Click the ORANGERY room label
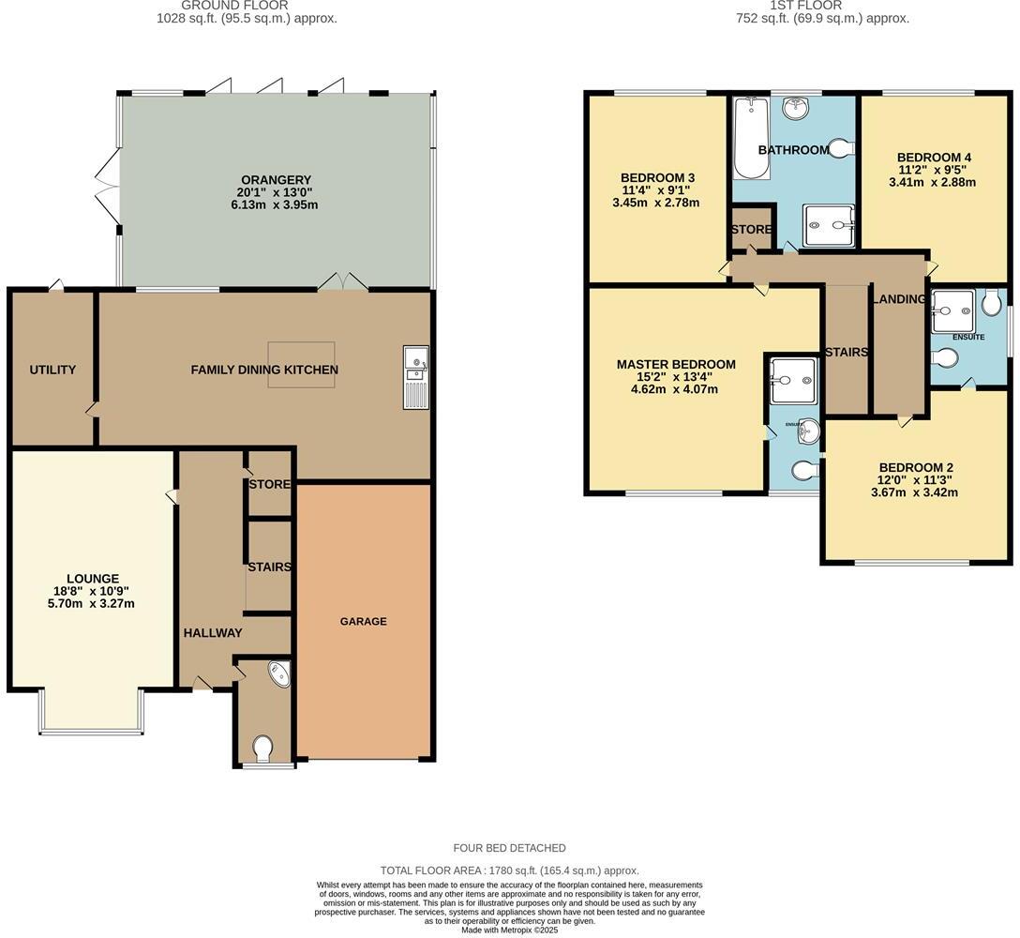tap(276, 180)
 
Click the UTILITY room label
tap(52, 370)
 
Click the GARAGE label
tap(363, 621)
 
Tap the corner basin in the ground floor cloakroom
tap(278, 674)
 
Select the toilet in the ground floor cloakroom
tap(262, 748)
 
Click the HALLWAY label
tap(213, 633)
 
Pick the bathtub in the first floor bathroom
tap(751, 139)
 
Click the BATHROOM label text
tap(793, 150)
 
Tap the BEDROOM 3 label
tap(656, 177)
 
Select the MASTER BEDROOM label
tap(676, 364)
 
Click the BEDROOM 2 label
tap(916, 467)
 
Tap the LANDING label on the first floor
tap(899, 299)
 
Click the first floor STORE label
tap(752, 230)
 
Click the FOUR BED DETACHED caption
tap(509, 848)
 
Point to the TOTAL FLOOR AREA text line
tap(509, 870)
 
